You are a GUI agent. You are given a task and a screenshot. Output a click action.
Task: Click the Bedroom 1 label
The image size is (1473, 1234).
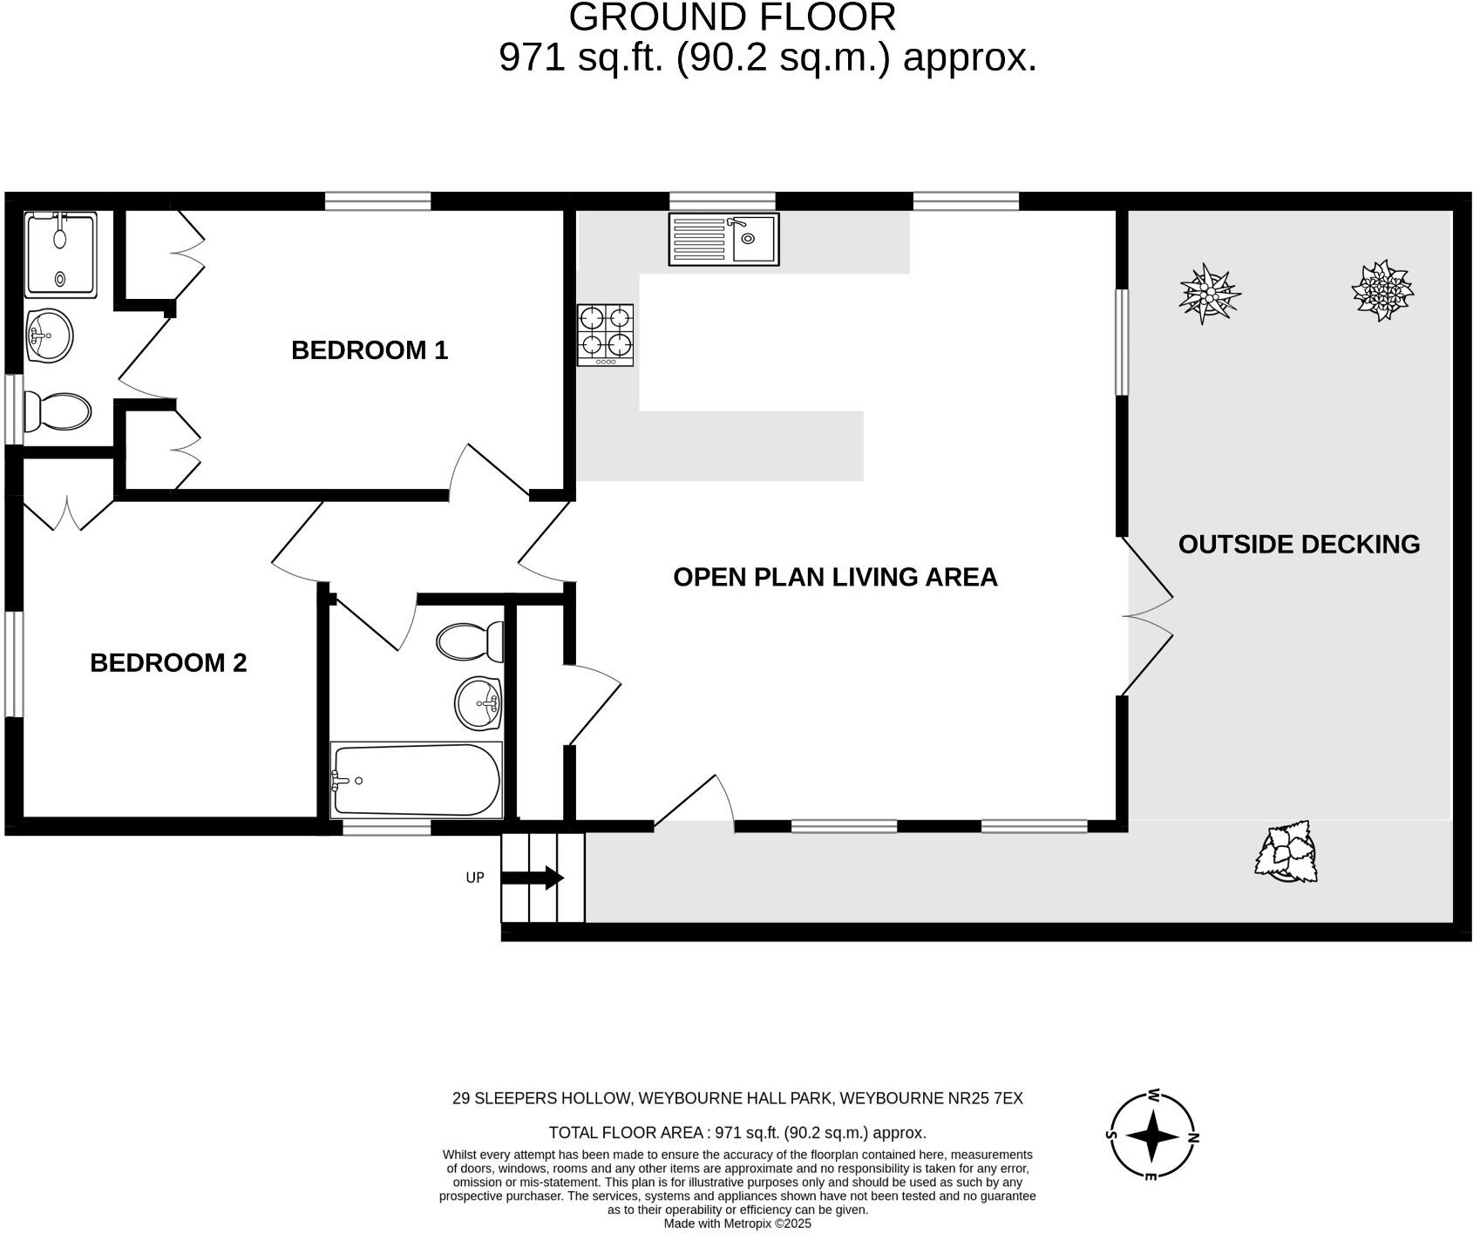(369, 350)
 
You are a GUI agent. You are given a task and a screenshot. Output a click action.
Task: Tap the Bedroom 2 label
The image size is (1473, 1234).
(168, 663)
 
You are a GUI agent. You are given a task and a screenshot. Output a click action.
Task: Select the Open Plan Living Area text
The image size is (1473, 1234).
(835, 577)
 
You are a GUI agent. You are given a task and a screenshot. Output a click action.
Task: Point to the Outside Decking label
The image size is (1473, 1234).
(1298, 545)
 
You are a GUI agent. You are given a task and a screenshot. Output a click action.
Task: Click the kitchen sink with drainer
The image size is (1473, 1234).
(723, 239)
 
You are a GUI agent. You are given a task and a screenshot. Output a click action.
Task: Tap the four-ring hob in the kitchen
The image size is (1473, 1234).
(605, 335)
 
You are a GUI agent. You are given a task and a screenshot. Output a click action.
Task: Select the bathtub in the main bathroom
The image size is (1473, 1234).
(416, 780)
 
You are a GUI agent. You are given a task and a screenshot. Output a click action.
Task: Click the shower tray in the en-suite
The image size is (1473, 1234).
(60, 254)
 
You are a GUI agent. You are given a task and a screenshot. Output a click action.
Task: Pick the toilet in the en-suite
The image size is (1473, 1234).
(57, 411)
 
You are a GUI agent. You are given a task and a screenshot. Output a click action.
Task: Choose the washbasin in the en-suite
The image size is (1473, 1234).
(49, 335)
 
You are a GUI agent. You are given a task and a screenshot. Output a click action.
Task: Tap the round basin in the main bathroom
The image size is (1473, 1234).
(479, 702)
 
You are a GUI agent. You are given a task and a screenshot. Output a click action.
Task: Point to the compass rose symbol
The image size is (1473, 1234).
(1151, 1136)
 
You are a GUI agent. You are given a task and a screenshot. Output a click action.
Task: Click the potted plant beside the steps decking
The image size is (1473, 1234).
(1286, 852)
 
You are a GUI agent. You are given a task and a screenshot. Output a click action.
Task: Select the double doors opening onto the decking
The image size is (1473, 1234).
(1147, 616)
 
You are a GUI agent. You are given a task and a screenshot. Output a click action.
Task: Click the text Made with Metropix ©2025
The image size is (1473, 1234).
(737, 1224)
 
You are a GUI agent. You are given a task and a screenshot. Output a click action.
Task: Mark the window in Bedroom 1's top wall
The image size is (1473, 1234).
(377, 201)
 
